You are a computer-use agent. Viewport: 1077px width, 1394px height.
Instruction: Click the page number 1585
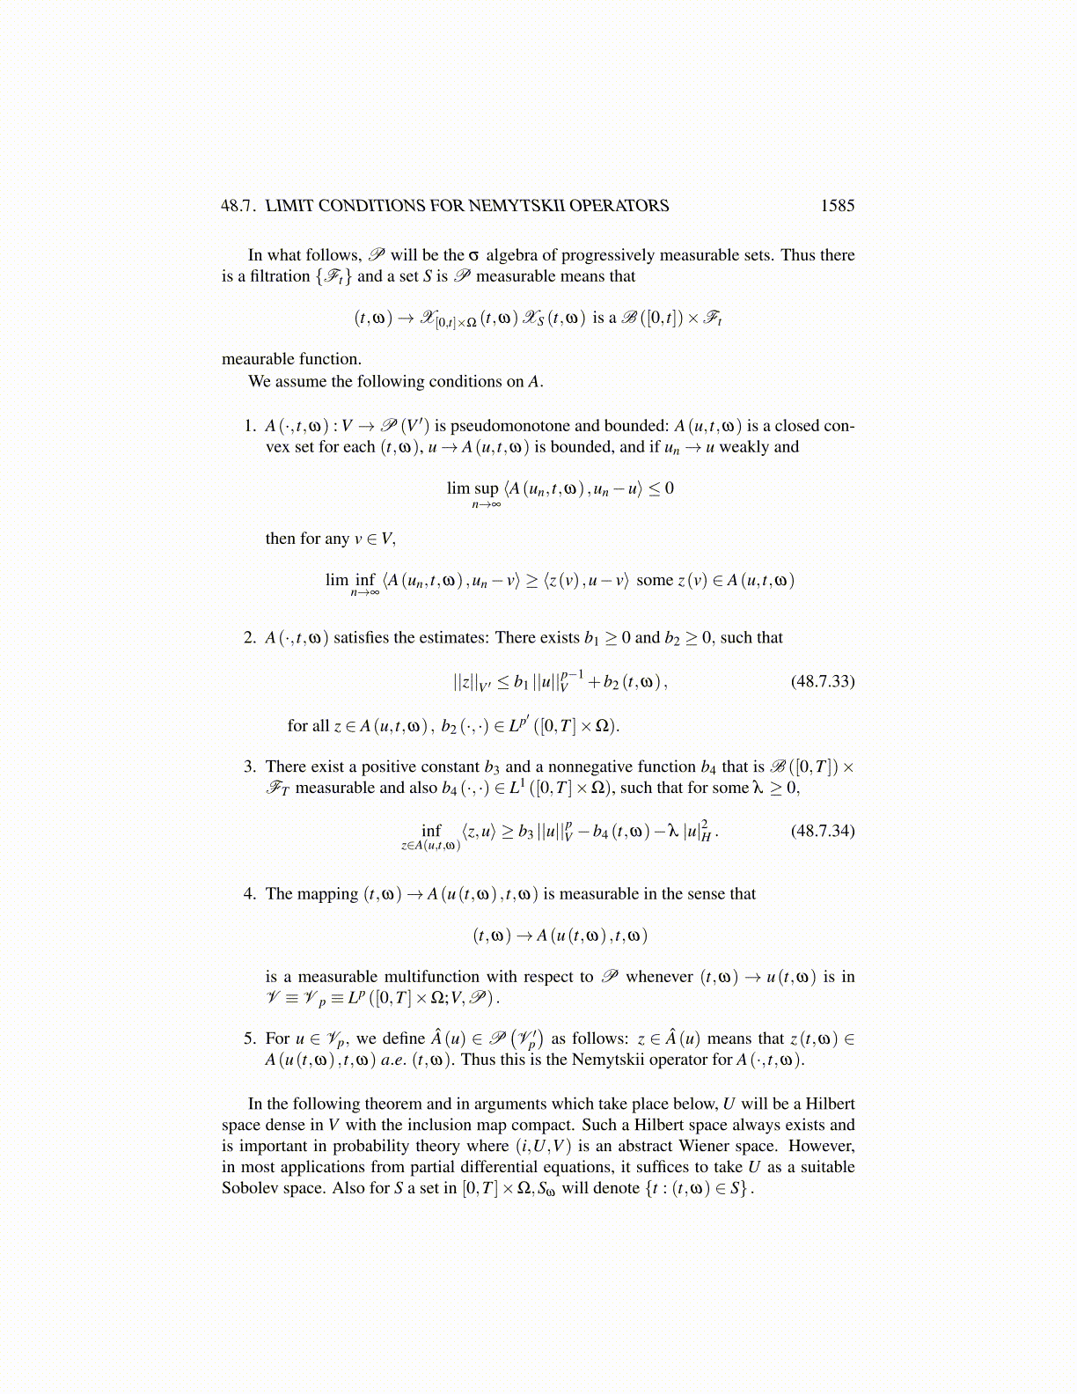837,206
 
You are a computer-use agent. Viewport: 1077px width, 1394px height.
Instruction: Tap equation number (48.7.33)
823,681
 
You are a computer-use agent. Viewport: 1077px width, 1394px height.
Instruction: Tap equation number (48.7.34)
823,831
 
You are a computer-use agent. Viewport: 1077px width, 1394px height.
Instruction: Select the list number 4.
250,894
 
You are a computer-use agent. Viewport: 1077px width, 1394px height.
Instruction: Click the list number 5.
250,1038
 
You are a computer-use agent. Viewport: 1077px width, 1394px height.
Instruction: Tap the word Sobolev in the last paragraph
249,1188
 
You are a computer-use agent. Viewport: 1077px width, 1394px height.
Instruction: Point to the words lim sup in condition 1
473,488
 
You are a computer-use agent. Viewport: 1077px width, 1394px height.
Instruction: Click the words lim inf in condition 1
350,580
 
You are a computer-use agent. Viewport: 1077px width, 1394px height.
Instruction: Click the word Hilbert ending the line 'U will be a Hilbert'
830,1104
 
